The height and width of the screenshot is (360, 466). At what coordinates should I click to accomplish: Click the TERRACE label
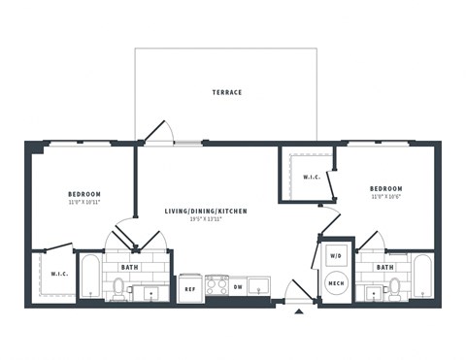226,92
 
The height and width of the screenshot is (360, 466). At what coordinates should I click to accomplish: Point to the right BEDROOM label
385,188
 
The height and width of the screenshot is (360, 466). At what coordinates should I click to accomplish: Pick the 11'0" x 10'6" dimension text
385,197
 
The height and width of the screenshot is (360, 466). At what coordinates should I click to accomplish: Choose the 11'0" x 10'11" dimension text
83,202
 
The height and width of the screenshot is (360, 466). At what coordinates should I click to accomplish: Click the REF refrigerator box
189,287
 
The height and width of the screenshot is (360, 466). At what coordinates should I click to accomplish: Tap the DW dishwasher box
238,287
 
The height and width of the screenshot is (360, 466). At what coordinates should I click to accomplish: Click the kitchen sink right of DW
259,285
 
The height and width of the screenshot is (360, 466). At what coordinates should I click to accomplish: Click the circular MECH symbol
336,284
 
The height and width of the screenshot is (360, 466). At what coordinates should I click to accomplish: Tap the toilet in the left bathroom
118,286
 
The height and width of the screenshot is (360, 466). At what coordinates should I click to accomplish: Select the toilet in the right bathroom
394,286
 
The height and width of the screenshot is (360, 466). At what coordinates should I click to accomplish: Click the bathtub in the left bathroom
90,278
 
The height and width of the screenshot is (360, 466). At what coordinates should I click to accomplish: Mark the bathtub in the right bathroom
422,278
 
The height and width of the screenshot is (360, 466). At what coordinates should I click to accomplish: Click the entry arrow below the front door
298,311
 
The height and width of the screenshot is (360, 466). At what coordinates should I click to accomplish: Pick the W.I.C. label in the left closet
57,274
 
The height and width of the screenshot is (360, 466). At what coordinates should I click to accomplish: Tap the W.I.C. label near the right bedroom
312,177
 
